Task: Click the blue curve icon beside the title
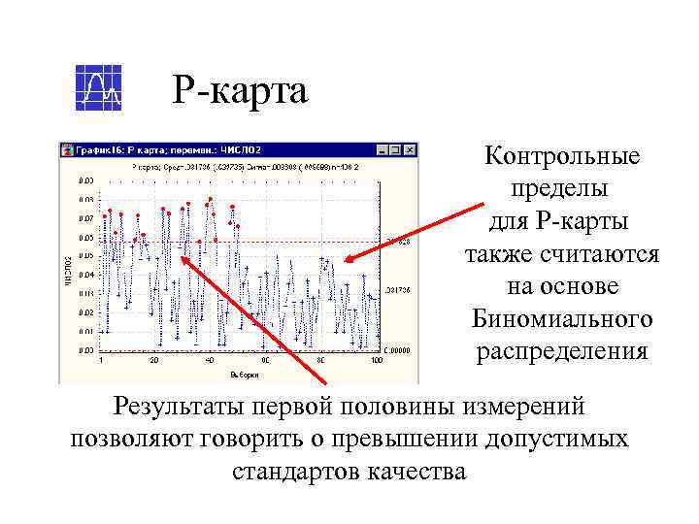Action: coord(99,88)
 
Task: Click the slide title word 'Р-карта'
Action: coord(241,91)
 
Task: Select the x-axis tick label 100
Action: coord(377,361)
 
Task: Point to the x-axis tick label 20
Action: coord(154,361)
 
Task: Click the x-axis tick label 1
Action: coord(101,361)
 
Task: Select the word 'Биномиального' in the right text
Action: coord(561,319)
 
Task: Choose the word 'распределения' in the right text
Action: coord(561,351)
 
